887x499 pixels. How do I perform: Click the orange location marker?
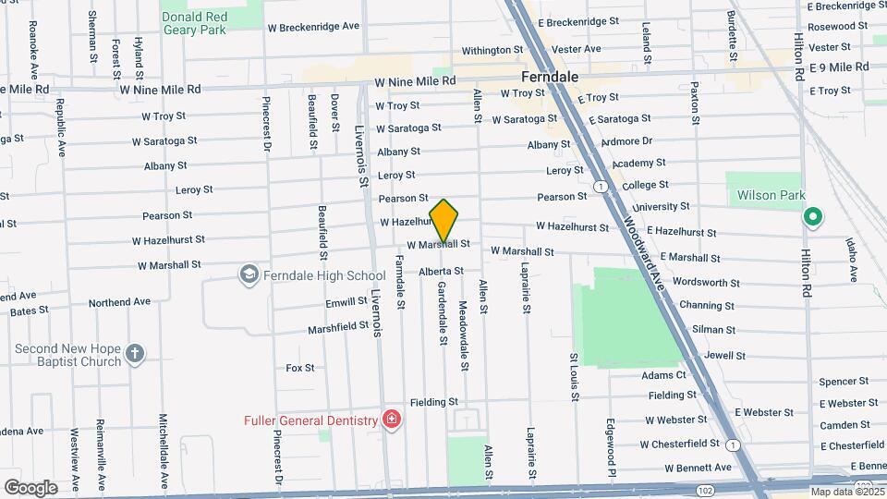pyautogui.click(x=444, y=221)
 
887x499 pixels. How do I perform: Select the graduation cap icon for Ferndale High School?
pyautogui.click(x=249, y=274)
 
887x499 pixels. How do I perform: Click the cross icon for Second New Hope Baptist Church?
pyautogui.click(x=135, y=354)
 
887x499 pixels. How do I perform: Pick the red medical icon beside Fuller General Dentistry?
pyautogui.click(x=392, y=420)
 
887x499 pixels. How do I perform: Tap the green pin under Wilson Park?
pyautogui.click(x=812, y=218)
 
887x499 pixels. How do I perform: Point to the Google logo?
pyautogui.click(x=30, y=487)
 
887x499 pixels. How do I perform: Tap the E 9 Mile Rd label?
pyautogui.click(x=839, y=67)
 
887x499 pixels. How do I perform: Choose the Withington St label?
pyautogui.click(x=492, y=50)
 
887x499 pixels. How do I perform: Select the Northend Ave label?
pyautogui.click(x=119, y=302)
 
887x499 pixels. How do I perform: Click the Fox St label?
pyautogui.click(x=300, y=368)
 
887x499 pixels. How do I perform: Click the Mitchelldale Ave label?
pyautogui.click(x=163, y=450)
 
